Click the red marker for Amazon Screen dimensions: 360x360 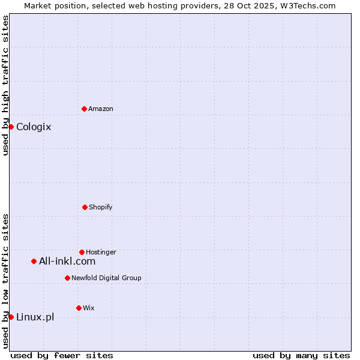pyautogui.click(x=84, y=109)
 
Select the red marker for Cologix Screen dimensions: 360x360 pyautogui.click(x=11, y=127)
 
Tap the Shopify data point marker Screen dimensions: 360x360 pyautogui.click(x=85, y=207)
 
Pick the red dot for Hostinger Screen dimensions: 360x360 pyautogui.click(x=82, y=252)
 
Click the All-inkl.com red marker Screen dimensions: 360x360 pyautogui.click(x=34, y=261)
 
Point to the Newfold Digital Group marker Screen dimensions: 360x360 pyautogui.click(x=67, y=278)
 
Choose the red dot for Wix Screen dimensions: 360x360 pyautogui.click(x=79, y=308)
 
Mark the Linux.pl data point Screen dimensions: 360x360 pyautogui.click(x=11, y=317)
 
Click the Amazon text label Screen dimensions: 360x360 pyautogui.click(x=101, y=109)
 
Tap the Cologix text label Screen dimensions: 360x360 pyautogui.click(x=34, y=127)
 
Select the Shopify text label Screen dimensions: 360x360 pyautogui.click(x=101, y=207)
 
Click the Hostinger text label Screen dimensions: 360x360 pyautogui.click(x=101, y=252)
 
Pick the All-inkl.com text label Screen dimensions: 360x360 pyautogui.click(x=67, y=261)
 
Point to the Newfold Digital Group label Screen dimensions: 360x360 pyautogui.click(x=106, y=278)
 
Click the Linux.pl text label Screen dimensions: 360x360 pyautogui.click(x=35, y=317)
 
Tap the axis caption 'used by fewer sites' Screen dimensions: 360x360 pyautogui.click(x=62, y=355)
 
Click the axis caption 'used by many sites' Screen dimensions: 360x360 pyautogui.click(x=301, y=355)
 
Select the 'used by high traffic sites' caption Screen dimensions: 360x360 pyautogui.click(x=5, y=85)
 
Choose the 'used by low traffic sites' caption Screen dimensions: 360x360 pyautogui.click(x=5, y=281)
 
